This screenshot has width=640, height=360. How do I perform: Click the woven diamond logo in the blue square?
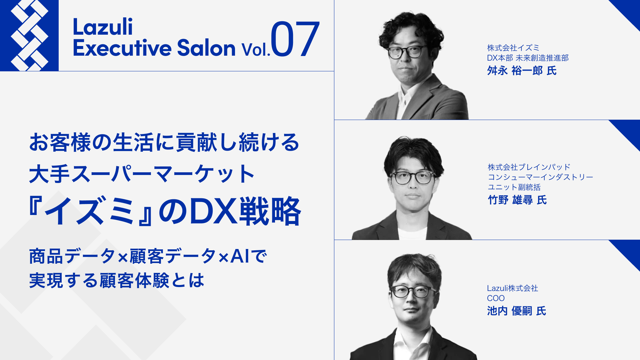pos(29,35)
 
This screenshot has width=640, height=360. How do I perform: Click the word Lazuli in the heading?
pos(103,27)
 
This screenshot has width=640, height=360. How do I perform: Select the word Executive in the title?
pos(122,48)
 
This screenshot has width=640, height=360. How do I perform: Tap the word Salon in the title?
pos(206,48)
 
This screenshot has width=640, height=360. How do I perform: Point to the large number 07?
pos(295,39)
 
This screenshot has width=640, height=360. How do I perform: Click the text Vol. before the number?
pos(256,49)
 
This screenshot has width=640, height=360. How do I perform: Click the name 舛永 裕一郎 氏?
pos(522,71)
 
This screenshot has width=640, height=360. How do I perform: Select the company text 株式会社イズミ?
pos(513,48)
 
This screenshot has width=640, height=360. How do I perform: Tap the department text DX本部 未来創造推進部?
pos(528,58)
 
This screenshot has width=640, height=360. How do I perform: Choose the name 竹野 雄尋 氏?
pos(517,200)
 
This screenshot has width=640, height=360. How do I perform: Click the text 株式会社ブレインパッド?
pos(529,167)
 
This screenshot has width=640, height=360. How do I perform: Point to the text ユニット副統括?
pos(514,187)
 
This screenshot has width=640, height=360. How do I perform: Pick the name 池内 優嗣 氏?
pos(516,311)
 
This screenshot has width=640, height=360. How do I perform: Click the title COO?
pos(496,298)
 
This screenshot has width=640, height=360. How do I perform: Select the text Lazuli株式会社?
pos(512,288)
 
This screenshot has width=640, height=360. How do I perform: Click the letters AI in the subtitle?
pos(240,256)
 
